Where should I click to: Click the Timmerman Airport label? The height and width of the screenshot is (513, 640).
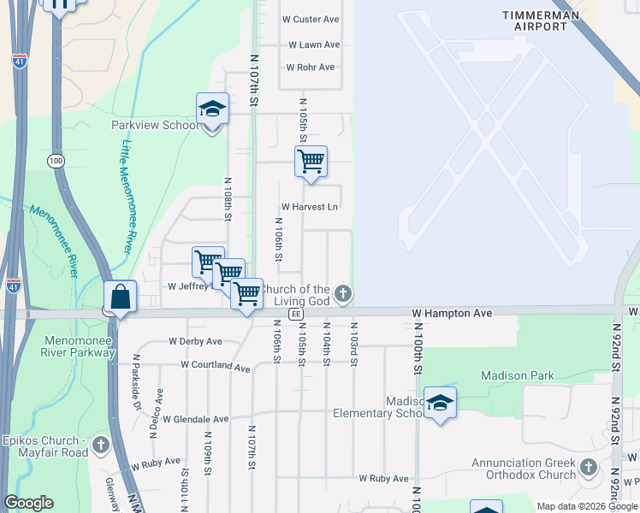click(x=540, y=21)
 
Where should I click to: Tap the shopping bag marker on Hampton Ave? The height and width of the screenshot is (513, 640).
click(x=121, y=298)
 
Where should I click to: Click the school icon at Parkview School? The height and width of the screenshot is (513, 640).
click(x=212, y=109)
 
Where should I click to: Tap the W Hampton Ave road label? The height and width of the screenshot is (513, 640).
click(x=451, y=314)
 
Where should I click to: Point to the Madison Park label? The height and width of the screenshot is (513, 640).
click(x=517, y=375)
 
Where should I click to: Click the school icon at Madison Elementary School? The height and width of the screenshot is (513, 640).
click(x=440, y=404)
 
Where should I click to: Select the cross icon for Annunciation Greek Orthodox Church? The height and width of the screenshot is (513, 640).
click(x=588, y=467)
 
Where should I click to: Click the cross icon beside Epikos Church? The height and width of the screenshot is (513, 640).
click(x=101, y=445)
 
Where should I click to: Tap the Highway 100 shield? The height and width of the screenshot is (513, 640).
click(x=56, y=161)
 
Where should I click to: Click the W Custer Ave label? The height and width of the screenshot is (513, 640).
click(x=313, y=19)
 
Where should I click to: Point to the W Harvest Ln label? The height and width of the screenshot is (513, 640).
click(x=310, y=207)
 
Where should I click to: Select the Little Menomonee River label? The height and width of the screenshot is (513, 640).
click(x=131, y=195)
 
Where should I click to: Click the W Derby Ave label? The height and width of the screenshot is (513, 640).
click(x=195, y=341)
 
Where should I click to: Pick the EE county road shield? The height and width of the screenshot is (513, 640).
click(x=295, y=314)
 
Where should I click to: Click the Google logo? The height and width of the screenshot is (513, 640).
click(x=29, y=503)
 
